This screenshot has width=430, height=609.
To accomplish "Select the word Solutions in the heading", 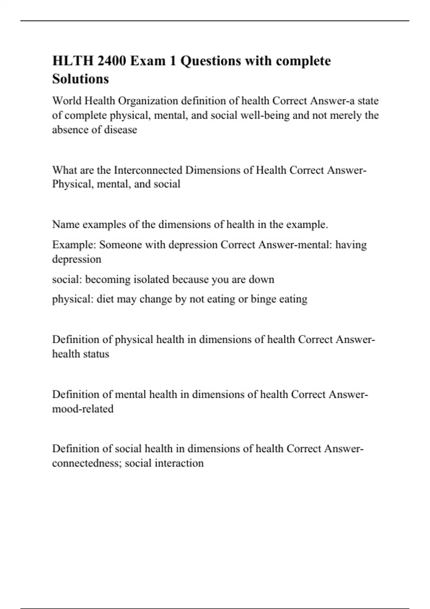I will point(80,79).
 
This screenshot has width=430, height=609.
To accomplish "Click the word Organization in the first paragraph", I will point(148,101).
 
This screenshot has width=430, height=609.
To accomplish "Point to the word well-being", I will point(265,115).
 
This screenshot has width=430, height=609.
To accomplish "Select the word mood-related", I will point(83,409).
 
